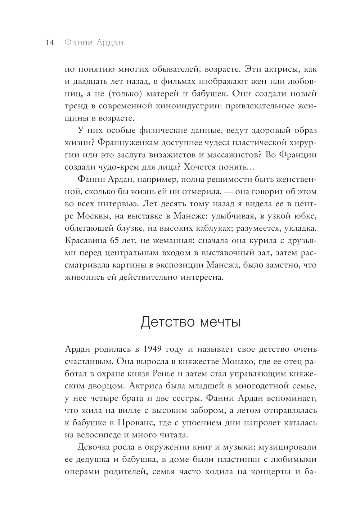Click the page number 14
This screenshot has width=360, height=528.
(x=49, y=42)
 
